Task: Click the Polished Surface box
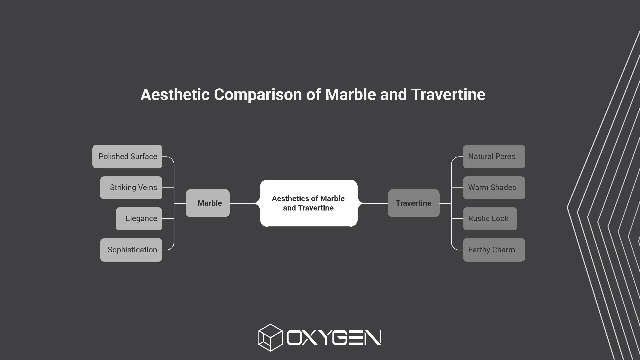pyautogui.click(x=127, y=157)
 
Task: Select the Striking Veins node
pyautogui.click(x=131, y=188)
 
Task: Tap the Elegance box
pyautogui.click(x=139, y=219)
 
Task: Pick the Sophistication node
pyautogui.click(x=131, y=250)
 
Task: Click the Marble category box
pyautogui.click(x=208, y=203)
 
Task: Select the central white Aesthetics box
pyautogui.click(x=309, y=203)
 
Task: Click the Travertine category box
pyautogui.click(x=414, y=203)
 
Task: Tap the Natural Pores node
pyautogui.click(x=494, y=157)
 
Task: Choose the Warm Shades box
pyautogui.click(x=494, y=188)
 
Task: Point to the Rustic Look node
pyautogui.click(x=490, y=219)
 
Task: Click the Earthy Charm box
pyautogui.click(x=494, y=250)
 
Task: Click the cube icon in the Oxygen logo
pyautogui.click(x=270, y=338)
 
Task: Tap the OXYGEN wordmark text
pyautogui.click(x=334, y=338)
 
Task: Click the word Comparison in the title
pyautogui.click(x=258, y=95)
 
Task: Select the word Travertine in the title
pyautogui.click(x=448, y=94)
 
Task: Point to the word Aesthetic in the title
pyautogui.click(x=175, y=94)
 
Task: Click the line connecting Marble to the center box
pyautogui.click(x=245, y=203)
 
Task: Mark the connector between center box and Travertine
pyautogui.click(x=373, y=203)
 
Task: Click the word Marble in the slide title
pyautogui.click(x=351, y=94)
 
